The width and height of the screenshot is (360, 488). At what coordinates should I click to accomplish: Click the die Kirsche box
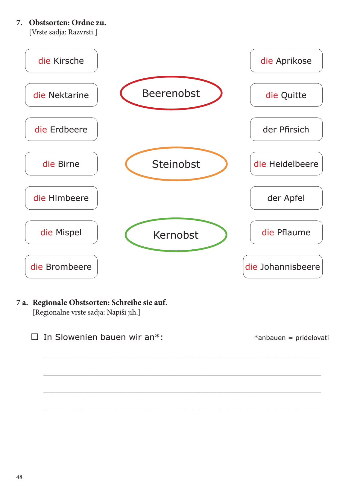click(61, 61)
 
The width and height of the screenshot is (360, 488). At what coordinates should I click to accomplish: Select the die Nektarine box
click(61, 95)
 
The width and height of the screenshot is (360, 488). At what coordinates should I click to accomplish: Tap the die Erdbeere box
click(61, 129)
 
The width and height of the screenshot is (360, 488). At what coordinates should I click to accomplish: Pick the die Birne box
click(61, 164)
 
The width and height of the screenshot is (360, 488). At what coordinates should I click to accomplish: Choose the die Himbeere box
click(61, 198)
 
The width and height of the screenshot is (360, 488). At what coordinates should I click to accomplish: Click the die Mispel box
click(61, 232)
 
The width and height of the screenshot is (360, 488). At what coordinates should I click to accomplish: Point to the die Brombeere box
click(61, 267)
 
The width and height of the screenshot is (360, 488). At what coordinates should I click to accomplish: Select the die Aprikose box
click(286, 61)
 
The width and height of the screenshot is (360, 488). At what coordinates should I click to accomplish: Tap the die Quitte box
click(286, 95)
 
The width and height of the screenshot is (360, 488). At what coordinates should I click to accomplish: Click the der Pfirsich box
click(286, 129)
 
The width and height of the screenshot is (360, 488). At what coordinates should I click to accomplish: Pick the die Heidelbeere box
click(286, 164)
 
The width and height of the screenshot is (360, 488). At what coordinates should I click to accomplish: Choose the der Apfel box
click(286, 198)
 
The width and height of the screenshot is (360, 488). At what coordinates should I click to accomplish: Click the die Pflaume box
click(286, 232)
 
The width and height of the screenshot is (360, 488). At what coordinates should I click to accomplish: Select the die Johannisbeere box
click(282, 267)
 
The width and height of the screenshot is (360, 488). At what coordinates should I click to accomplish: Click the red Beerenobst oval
click(171, 93)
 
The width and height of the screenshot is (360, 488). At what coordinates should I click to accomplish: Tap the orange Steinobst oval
click(176, 164)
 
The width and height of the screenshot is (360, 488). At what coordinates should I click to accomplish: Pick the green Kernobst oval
click(176, 235)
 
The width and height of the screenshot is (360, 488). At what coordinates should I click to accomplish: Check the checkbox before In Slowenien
click(35, 337)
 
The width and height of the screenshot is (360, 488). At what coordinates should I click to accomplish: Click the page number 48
click(19, 477)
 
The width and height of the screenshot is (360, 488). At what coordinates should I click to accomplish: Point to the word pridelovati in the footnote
click(312, 338)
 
